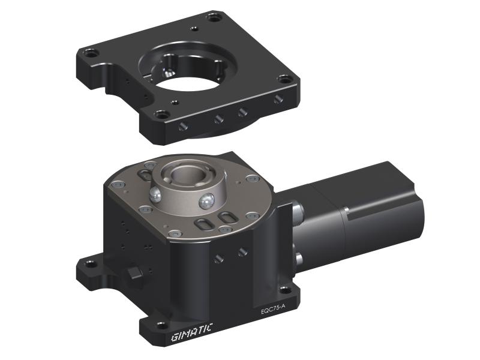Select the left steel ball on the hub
point(155,194)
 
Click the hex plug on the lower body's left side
point(134,273)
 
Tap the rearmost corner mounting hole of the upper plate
point(214,17)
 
